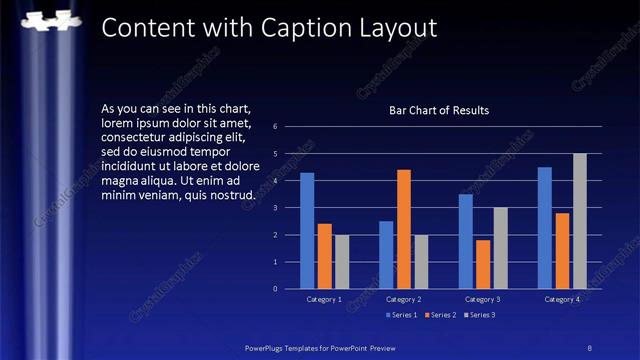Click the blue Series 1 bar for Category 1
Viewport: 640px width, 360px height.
pyautogui.click(x=307, y=231)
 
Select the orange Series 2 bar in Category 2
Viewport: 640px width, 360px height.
pyautogui.click(x=403, y=229)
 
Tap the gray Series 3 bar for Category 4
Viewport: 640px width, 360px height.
pyautogui.click(x=579, y=221)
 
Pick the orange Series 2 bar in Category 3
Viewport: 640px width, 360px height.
pyautogui.click(x=483, y=264)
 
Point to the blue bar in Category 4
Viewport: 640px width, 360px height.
pyautogui.click(x=544, y=228)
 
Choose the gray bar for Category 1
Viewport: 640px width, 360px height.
pyautogui.click(x=342, y=262)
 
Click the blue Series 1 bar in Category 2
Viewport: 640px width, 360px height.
pyautogui.click(x=386, y=255)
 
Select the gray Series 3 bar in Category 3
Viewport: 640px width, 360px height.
pyautogui.click(x=500, y=248)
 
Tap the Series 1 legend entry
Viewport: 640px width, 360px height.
pyautogui.click(x=403, y=314)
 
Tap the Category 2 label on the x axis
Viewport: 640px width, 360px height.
pyautogui.click(x=403, y=299)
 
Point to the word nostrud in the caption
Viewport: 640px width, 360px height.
pyautogui.click(x=232, y=194)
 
